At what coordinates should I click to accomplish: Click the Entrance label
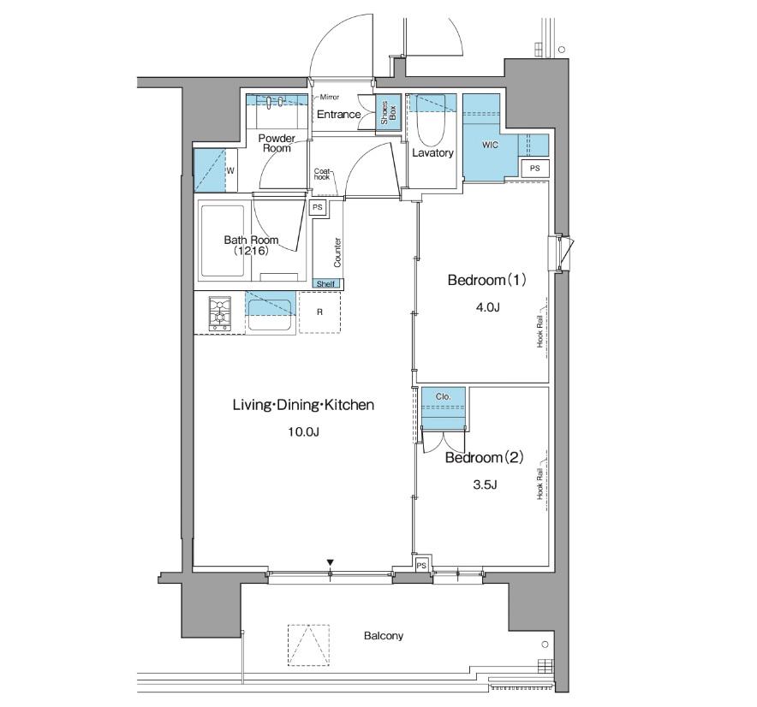click(338, 115)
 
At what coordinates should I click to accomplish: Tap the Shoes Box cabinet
click(388, 112)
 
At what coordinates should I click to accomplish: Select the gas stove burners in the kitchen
click(220, 313)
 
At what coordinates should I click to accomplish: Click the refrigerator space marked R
click(319, 312)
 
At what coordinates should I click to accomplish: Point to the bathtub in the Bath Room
click(223, 241)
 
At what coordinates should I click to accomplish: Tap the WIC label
click(490, 145)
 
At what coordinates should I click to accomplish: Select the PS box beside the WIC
click(534, 169)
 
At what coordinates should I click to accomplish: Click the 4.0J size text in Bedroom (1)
click(487, 307)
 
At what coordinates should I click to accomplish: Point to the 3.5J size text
click(485, 484)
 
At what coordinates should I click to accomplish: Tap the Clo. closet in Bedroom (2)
click(444, 407)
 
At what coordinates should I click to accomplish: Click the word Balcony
click(384, 636)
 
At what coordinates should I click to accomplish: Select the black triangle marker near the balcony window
click(331, 562)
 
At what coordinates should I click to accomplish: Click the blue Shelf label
click(327, 284)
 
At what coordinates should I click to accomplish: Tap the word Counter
click(337, 252)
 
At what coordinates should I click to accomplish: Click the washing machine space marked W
click(230, 170)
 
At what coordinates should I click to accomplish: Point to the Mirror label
click(329, 97)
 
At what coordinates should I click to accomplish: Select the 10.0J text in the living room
click(303, 432)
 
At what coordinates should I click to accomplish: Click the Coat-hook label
click(322, 175)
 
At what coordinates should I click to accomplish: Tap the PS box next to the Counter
click(318, 207)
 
